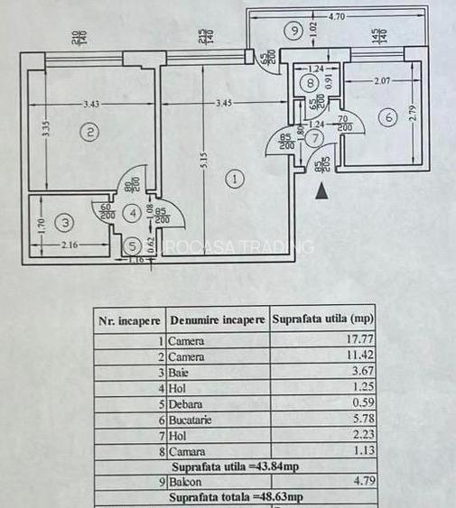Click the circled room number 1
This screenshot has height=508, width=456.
(x=235, y=179)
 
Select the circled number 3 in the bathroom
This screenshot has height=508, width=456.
(x=65, y=221)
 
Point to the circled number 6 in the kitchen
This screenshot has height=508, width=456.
(x=388, y=116)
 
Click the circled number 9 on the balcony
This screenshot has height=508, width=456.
(x=293, y=31)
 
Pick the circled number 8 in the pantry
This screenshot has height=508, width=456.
(x=311, y=84)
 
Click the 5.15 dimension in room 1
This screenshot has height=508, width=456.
(x=205, y=168)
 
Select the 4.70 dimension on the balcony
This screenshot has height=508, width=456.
(x=339, y=15)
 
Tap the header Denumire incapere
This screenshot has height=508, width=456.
(x=217, y=319)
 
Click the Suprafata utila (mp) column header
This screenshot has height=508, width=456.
(x=322, y=319)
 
